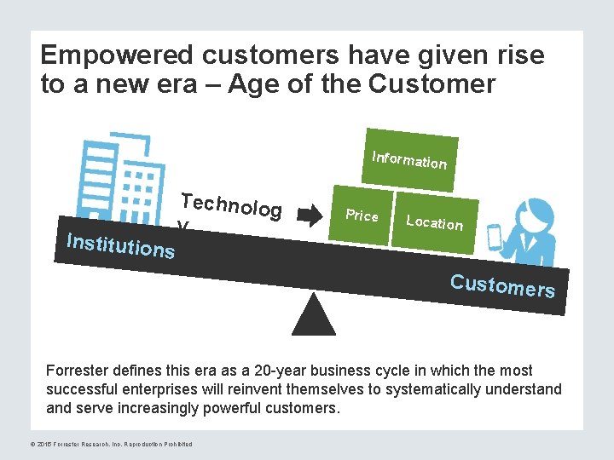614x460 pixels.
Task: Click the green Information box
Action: pos(409,159)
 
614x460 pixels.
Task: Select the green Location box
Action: pos(435,222)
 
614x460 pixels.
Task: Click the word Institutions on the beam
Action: pos(120,245)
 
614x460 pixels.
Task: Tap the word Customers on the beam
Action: pos(503,285)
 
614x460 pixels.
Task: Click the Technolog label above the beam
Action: pos(231,205)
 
